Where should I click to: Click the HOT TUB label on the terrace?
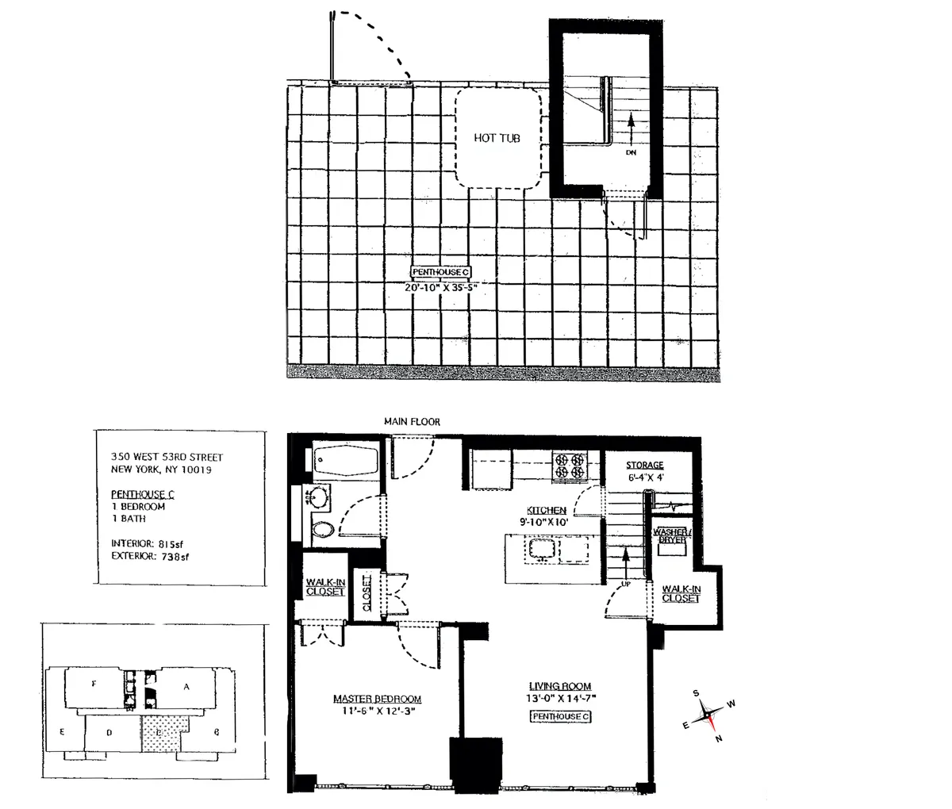pos(497,138)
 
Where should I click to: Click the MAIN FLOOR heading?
pos(412,422)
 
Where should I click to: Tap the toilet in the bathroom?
pos(322,530)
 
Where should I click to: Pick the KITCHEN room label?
pos(547,510)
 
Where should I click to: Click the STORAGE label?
pos(644,466)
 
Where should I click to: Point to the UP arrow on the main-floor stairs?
pos(626,565)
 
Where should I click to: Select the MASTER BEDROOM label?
pos(377,699)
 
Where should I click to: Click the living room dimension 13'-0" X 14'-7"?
pos(560,699)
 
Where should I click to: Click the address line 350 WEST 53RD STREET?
pos(167,457)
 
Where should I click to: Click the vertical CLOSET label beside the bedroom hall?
pos(367,593)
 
